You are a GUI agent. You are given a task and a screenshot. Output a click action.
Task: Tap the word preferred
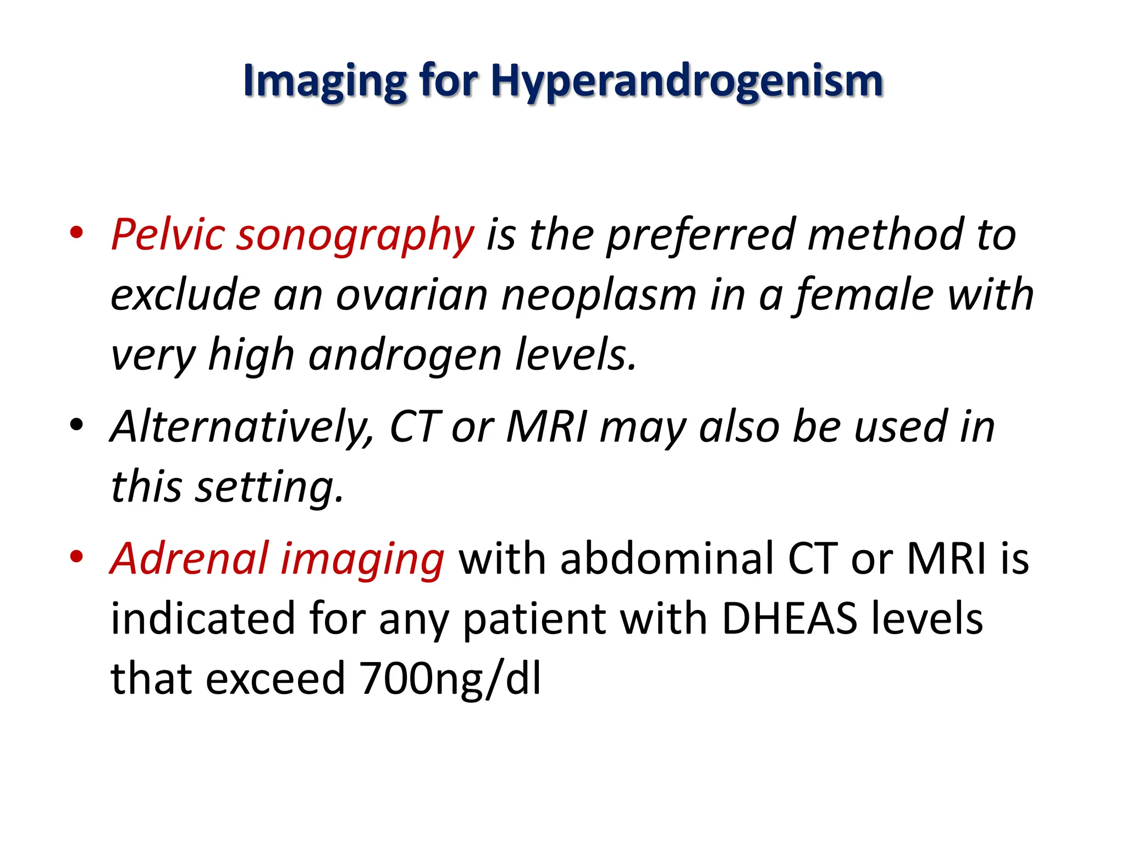(700, 235)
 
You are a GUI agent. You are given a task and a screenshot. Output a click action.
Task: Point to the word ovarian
(412, 295)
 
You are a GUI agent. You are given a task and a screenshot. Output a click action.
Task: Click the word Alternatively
(242, 427)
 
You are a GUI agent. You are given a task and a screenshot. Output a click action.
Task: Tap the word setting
(269, 487)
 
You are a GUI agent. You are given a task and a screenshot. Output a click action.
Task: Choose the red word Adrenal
(189, 558)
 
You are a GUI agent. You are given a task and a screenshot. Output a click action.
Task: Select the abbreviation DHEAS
(789, 619)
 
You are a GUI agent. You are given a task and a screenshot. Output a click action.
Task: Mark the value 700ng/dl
(450, 679)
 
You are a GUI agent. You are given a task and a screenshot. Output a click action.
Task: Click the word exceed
(275, 679)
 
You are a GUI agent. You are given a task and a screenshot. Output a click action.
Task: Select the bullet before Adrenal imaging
(76, 556)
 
